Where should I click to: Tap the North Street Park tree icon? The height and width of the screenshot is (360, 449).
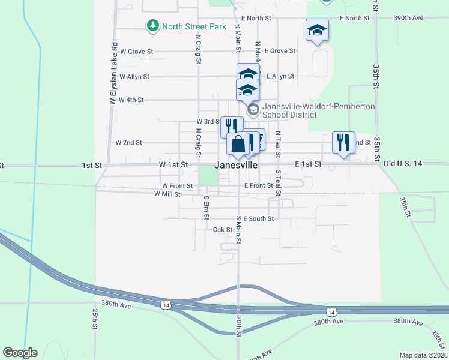click(153, 26)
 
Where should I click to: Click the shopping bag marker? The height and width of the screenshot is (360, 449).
click(238, 145)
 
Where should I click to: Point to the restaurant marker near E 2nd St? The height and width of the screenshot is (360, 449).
click(343, 143)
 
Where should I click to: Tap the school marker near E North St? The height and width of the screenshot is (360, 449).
click(317, 30)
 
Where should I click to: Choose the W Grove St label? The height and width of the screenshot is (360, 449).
click(136, 52)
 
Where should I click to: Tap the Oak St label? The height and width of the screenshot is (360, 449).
click(223, 229)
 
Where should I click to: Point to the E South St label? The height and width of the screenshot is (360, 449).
click(259, 219)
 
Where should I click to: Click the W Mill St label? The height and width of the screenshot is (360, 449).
click(167, 194)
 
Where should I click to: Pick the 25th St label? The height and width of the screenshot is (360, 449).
click(95, 320)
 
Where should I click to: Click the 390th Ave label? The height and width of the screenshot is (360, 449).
click(408, 17)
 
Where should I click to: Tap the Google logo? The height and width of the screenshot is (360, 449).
click(20, 353)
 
